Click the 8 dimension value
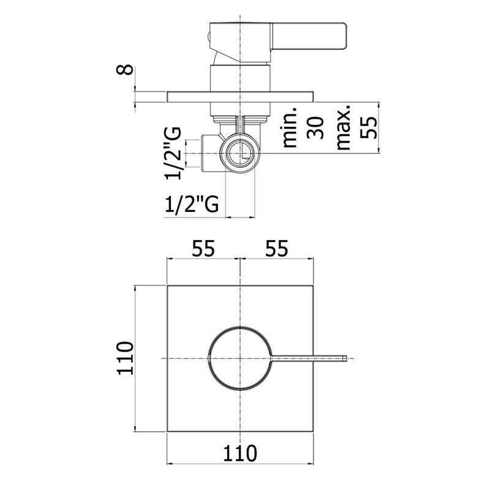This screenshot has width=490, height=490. [x=125, y=69]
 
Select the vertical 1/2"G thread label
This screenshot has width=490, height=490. [x=173, y=153]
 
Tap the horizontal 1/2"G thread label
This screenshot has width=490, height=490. [x=192, y=204]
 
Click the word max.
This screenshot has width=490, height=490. [x=342, y=128]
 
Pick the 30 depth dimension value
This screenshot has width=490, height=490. [x=315, y=127]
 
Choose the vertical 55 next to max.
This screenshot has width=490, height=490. [x=369, y=127]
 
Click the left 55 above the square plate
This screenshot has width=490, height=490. [x=203, y=249]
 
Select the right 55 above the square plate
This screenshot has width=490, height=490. [x=277, y=249]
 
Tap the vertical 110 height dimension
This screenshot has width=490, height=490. [x=125, y=358]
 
